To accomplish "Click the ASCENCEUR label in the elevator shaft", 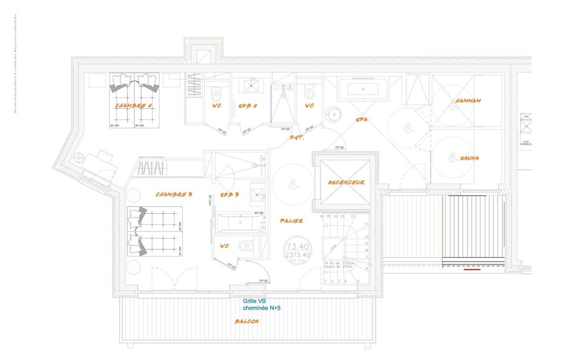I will (346, 182).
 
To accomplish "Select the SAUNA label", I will (468, 158).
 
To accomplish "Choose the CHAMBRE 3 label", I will (174, 194).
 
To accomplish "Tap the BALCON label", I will (247, 321).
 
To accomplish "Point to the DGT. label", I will (297, 137).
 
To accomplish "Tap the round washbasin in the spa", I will (333, 114).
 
